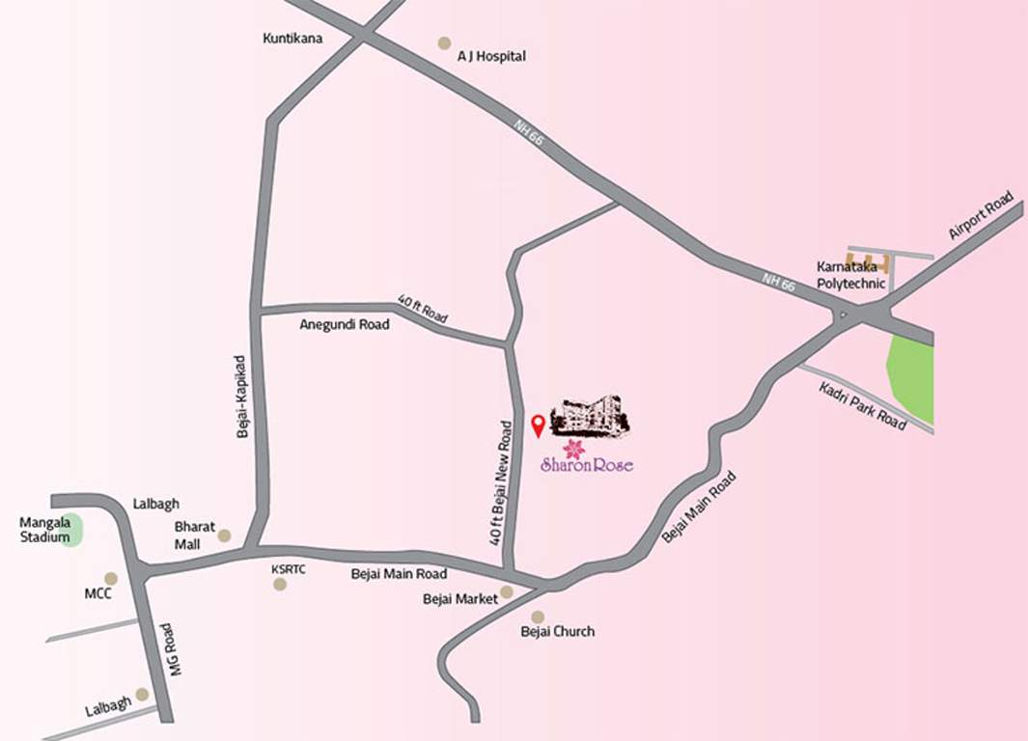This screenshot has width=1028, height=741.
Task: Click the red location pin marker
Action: (x=538, y=425)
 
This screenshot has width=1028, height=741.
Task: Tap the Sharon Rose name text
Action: (x=587, y=465)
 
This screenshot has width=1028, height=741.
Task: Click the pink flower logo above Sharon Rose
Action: (x=574, y=448)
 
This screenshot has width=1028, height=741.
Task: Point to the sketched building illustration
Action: (x=590, y=414)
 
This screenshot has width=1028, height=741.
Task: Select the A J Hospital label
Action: (x=491, y=56)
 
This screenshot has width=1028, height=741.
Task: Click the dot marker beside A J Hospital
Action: (x=444, y=42)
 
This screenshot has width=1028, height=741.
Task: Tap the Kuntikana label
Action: (x=292, y=39)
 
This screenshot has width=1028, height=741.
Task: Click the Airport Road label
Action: (x=980, y=214)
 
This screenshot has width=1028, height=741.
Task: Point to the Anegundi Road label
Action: (x=345, y=325)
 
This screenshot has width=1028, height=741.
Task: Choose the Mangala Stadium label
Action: (x=45, y=530)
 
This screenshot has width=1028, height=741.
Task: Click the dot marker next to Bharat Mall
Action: (x=224, y=535)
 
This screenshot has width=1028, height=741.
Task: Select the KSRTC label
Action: (x=289, y=569)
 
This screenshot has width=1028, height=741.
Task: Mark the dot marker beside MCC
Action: (x=111, y=579)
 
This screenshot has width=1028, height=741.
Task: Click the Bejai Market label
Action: (x=460, y=599)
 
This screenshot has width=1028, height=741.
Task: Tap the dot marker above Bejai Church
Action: (x=538, y=617)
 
